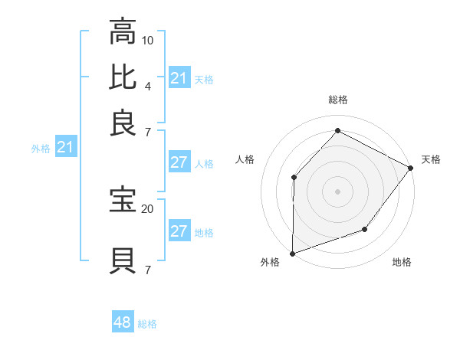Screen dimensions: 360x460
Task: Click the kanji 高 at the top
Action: (x=123, y=33)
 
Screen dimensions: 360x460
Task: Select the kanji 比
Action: (x=123, y=77)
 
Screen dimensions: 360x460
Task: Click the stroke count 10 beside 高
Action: (x=148, y=40)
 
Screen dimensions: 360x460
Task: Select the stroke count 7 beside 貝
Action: (x=148, y=270)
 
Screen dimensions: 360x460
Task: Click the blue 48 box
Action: (x=123, y=322)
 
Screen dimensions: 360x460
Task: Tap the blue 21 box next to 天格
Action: (x=179, y=78)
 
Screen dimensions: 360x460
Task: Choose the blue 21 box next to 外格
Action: (x=64, y=148)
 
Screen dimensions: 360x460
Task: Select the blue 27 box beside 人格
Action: (x=179, y=162)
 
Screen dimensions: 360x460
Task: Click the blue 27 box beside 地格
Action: (x=179, y=231)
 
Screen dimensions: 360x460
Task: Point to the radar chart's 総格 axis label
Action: (x=337, y=100)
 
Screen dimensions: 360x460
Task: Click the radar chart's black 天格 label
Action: (x=431, y=159)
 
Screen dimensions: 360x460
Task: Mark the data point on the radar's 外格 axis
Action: (x=292, y=253)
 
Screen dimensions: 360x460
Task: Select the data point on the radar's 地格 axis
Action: (x=365, y=229)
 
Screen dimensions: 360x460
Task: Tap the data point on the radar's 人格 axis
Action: (x=294, y=177)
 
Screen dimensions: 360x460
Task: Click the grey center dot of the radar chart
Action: (x=337, y=191)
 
